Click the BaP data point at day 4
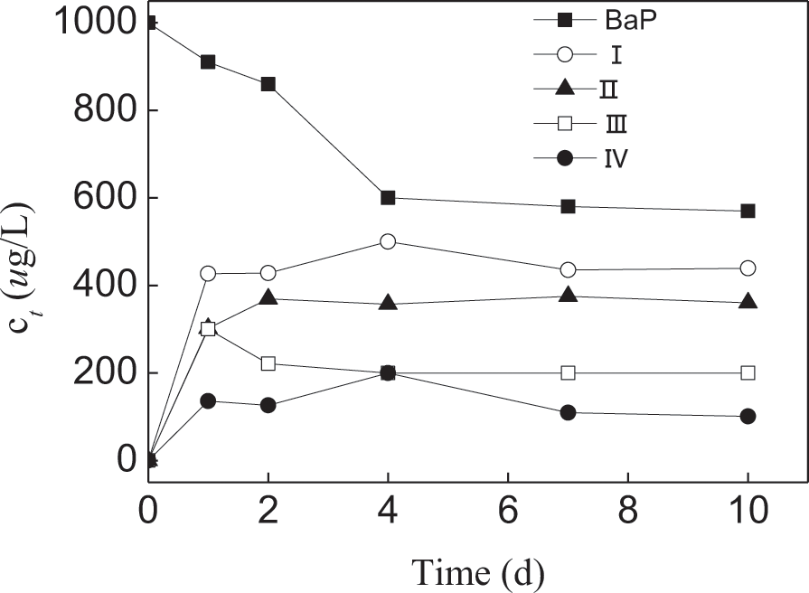tap(388, 198)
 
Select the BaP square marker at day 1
tap(208, 61)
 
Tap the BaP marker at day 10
tap(748, 211)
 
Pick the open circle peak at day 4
tap(388, 241)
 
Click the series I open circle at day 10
tap(748, 268)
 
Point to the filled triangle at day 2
tap(268, 297)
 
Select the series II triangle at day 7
tap(568, 295)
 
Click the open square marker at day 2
tap(268, 363)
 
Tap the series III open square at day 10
tap(748, 372)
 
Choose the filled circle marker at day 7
tap(568, 412)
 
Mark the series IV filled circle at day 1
tap(208, 400)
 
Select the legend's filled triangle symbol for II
tap(564, 88)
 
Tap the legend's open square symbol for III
tap(564, 123)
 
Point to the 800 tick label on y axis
tap(94, 110)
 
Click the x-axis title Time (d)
tap(478, 570)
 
